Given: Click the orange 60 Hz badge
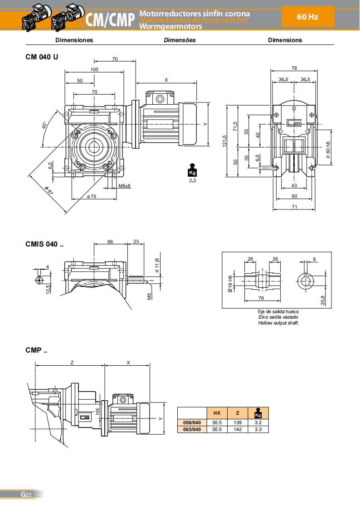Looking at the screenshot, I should [308, 17].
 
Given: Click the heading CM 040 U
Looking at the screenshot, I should [42, 57].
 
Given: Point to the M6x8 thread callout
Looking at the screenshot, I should [125, 186].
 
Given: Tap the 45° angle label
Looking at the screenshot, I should [44, 125].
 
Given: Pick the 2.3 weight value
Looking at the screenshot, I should [192, 180].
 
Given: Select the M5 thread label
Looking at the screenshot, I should [149, 296].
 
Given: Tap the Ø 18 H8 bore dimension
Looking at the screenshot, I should [230, 284].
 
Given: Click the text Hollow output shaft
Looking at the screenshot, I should [278, 323].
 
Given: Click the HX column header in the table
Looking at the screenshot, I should [217, 413].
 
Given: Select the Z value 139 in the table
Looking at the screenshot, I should [237, 422].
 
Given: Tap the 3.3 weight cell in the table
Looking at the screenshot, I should [258, 429].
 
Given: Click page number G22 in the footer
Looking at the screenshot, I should [25, 494].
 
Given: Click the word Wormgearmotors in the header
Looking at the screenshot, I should [170, 27].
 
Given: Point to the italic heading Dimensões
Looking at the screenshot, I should [180, 40].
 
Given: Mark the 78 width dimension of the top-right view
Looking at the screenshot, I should [294, 68].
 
